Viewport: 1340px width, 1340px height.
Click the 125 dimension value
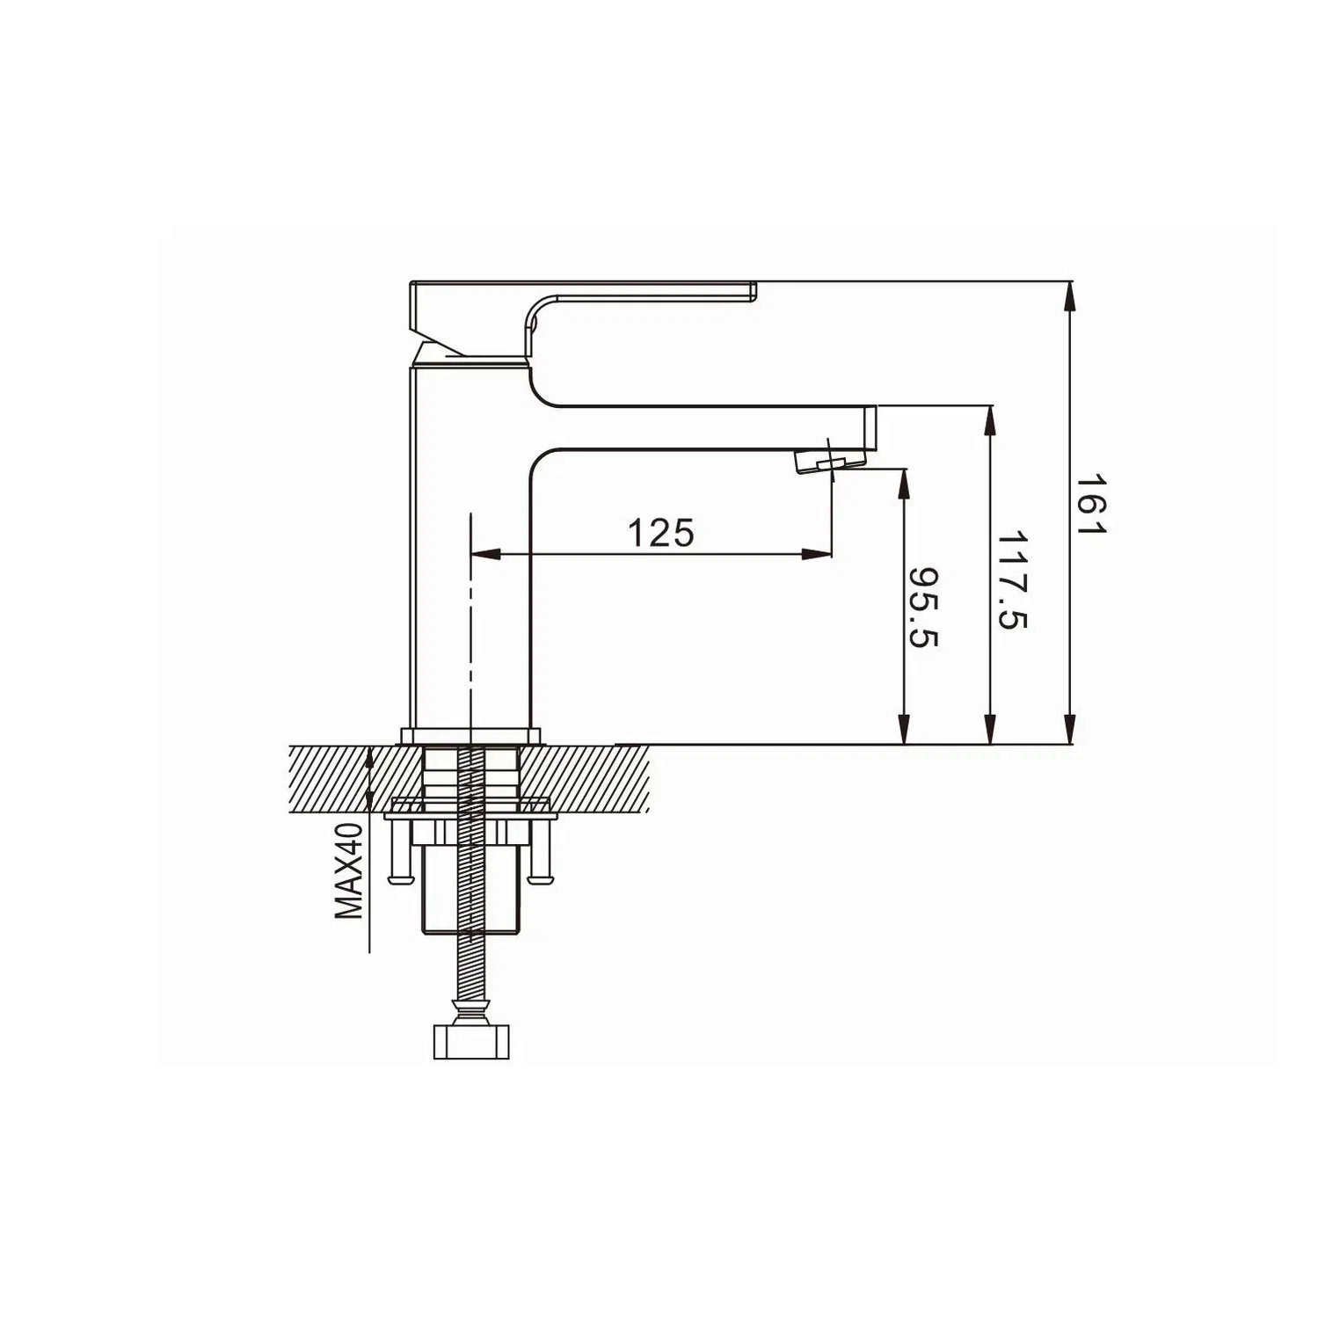[660, 533]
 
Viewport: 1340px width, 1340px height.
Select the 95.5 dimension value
[923, 608]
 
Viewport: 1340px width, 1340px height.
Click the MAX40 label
[349, 871]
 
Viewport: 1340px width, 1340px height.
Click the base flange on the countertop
[471, 735]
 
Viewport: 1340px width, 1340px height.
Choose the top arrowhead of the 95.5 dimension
[903, 483]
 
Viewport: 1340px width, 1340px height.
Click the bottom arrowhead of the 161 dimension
[1070, 729]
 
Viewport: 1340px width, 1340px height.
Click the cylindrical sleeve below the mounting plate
[471, 888]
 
